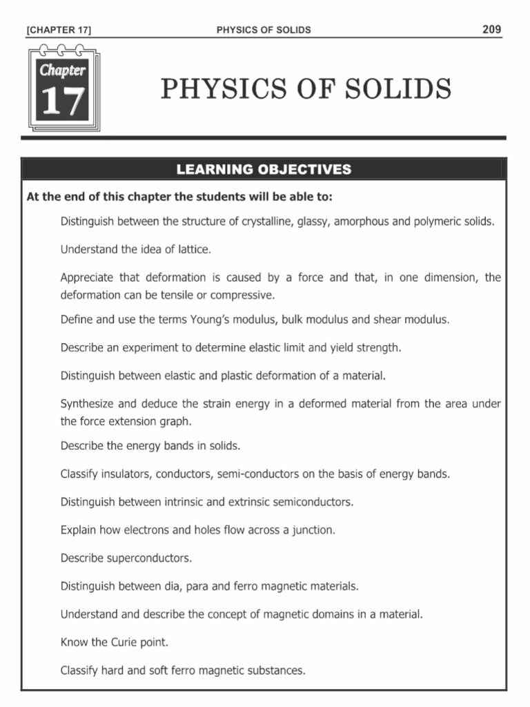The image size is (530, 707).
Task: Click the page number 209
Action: (492, 29)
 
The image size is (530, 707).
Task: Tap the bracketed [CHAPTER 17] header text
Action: (59, 30)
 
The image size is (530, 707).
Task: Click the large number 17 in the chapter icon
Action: (63, 101)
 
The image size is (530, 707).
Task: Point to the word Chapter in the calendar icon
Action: (63, 70)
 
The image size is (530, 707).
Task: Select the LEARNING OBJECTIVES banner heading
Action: (264, 169)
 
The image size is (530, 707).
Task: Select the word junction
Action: (314, 530)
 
